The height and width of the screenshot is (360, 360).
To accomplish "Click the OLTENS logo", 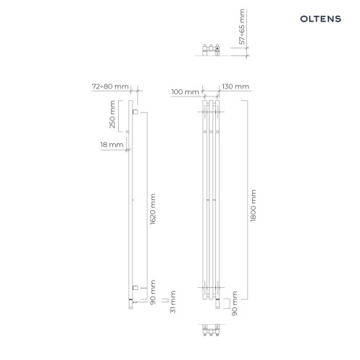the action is point(320,19).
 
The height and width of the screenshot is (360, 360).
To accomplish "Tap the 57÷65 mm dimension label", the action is point(242,27).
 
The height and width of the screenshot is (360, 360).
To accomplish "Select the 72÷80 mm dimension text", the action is point(110,86).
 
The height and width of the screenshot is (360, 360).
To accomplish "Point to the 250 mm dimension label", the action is point(112,114).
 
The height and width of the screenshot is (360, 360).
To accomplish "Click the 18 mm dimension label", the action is point(112,145).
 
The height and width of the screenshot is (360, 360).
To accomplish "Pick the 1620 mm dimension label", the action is point(153,209).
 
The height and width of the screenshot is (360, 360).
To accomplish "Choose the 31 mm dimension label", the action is point(173,302).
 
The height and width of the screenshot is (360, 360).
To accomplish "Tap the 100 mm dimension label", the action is point(185,91).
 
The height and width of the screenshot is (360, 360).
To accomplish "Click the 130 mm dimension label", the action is point(235,86).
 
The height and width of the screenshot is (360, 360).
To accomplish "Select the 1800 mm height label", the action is point(253,206).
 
